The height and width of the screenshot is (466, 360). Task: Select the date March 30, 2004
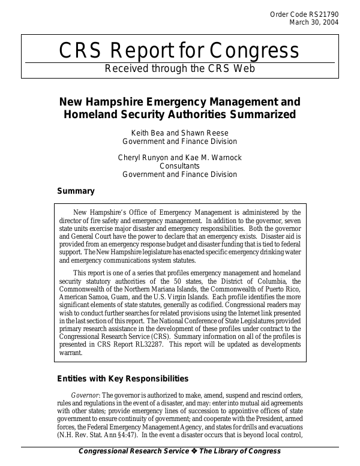coord(314,23)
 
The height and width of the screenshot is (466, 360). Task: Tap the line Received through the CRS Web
coord(179,68)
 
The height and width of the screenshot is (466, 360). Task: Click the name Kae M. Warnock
coord(215,157)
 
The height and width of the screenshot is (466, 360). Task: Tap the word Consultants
coord(179,166)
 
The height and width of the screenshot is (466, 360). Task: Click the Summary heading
coord(76,191)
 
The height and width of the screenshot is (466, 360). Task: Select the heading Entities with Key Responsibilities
coord(122,378)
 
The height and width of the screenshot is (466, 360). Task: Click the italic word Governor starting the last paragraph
coord(85,396)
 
